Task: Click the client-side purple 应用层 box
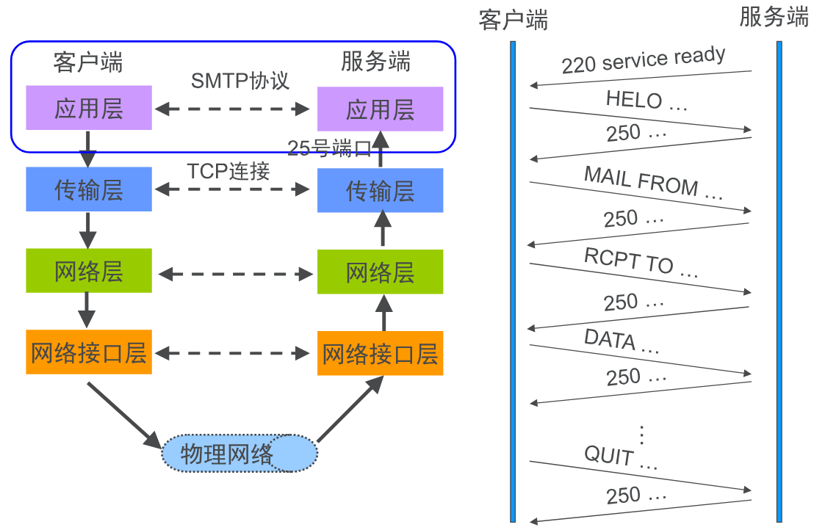(88, 108)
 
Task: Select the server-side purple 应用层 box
(380, 109)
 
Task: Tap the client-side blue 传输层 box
(88, 189)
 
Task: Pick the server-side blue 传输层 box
(380, 190)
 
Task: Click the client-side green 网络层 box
(88, 271)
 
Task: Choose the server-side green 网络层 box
(380, 272)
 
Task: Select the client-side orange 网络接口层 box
(88, 352)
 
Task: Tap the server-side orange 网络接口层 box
(380, 353)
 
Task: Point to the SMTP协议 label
(240, 80)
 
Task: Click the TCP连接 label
(228, 171)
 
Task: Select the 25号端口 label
(329, 149)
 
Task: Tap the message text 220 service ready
(644, 60)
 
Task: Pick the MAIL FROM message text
(653, 183)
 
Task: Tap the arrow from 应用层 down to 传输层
(88, 148)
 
